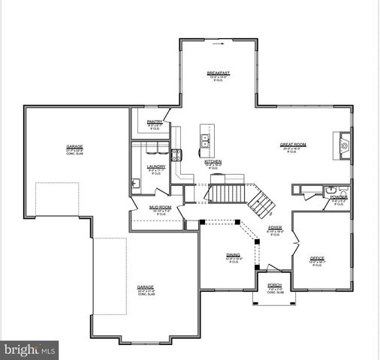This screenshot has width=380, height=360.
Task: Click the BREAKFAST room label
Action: click(x=218, y=72)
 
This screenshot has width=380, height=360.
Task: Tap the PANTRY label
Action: click(x=155, y=121)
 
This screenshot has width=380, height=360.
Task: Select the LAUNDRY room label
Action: click(x=156, y=166)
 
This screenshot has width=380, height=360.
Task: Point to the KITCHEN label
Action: click(x=213, y=161)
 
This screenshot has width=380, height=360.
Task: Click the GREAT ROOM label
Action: click(x=294, y=145)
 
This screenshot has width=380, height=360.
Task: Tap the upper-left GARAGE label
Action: click(x=74, y=146)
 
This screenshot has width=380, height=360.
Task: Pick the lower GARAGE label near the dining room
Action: click(x=145, y=287)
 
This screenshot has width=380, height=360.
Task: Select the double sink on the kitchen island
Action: click(x=204, y=138)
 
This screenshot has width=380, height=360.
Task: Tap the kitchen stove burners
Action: click(x=176, y=155)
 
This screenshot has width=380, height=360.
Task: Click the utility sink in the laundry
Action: click(x=136, y=182)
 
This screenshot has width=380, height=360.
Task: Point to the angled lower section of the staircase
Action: click(x=261, y=200)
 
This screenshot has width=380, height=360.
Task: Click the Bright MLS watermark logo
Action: click(x=30, y=349)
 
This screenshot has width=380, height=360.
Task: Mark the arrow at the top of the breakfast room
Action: click(x=218, y=43)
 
